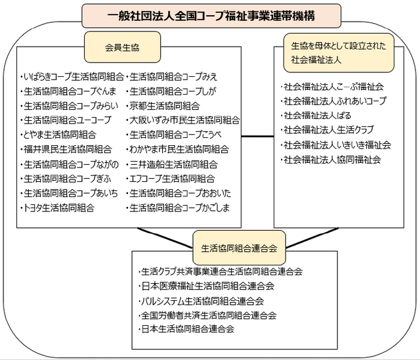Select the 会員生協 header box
tap(122, 47)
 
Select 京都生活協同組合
tap(164, 106)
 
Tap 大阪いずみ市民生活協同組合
tap(184, 120)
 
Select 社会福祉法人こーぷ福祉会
tap(333, 87)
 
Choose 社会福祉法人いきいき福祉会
tap(337, 145)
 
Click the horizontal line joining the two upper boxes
tap(257, 137)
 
